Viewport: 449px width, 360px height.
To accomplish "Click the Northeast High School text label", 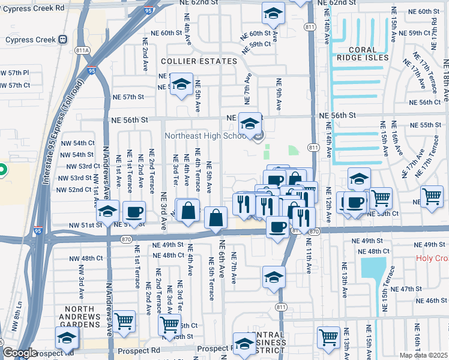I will point(206,136).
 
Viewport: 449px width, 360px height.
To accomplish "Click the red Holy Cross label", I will point(432,259).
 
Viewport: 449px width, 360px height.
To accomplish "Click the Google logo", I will point(20,353).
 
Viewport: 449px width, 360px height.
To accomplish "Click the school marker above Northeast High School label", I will point(250,124).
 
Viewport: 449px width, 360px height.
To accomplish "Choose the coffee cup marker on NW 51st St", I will point(134,212).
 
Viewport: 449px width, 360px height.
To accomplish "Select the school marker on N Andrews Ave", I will point(107,212).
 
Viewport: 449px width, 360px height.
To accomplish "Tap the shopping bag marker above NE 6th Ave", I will point(215,218).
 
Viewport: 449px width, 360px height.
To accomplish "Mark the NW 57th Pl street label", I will point(14,73).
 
